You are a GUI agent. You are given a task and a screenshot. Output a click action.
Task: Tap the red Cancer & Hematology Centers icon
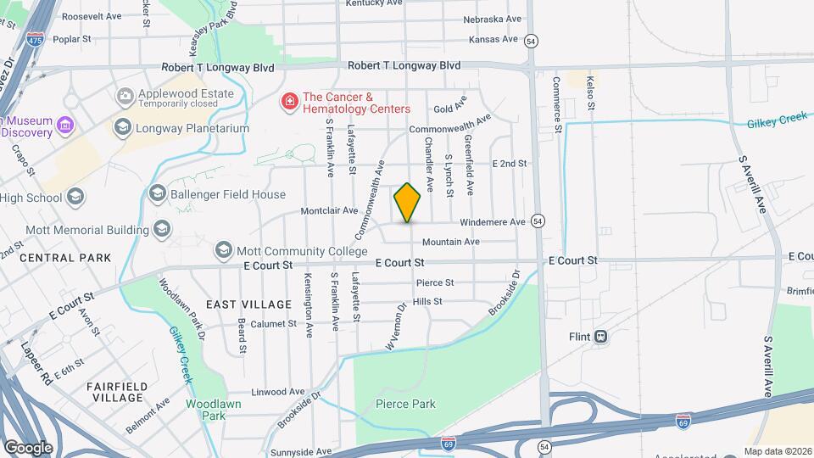point(290,103)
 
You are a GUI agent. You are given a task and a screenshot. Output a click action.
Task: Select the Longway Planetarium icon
point(123,128)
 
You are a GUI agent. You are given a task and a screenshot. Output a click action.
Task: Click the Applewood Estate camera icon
point(125,96)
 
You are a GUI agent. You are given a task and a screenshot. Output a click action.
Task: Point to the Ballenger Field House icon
point(157,194)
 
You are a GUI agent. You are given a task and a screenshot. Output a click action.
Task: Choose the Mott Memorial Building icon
point(162,229)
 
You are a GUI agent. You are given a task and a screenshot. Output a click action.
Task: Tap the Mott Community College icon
point(223,250)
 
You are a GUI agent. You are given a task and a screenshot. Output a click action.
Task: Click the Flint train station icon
point(600,336)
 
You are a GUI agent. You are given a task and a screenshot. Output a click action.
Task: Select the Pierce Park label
point(405,404)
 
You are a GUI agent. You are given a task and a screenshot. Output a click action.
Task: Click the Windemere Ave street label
point(493,222)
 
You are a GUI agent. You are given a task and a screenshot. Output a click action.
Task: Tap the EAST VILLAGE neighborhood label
point(237,304)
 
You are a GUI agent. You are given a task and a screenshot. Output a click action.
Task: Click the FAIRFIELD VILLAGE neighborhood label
point(118,392)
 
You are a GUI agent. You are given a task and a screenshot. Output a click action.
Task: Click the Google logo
point(28,447)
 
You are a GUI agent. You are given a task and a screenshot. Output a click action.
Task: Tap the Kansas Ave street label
point(493,39)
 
